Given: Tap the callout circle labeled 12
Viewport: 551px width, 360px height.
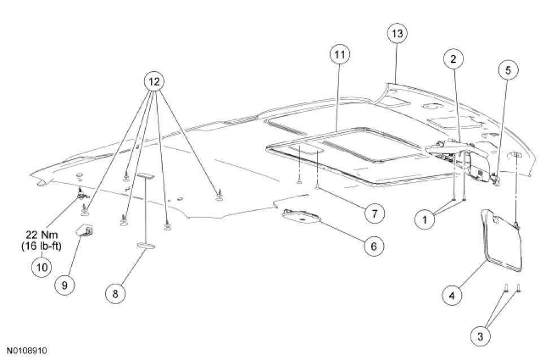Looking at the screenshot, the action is tap(153, 82).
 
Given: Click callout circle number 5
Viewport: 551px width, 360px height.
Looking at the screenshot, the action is tap(507, 70).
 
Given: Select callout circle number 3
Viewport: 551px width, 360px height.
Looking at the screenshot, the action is tap(481, 336).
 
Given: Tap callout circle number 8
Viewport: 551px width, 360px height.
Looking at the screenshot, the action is tap(115, 293).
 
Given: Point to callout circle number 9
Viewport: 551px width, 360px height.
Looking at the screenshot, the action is tap(64, 285).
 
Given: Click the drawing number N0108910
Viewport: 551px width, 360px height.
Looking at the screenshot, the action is tap(27, 350).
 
